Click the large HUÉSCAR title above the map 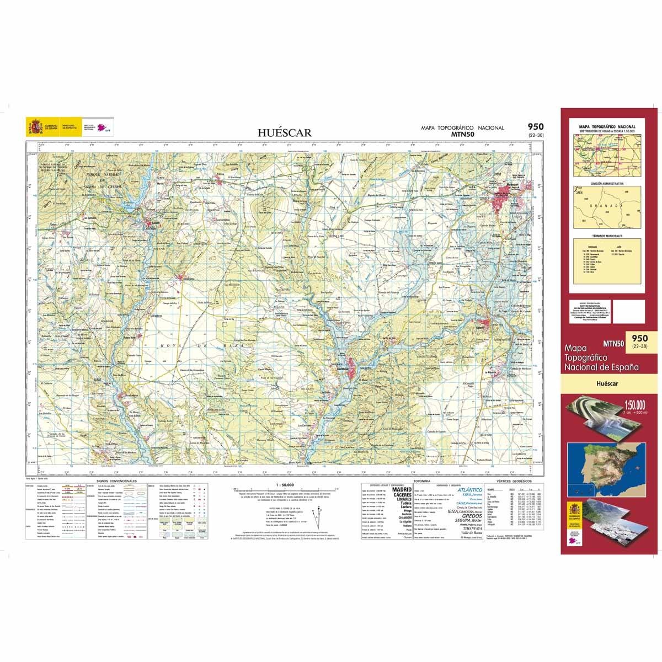point(285,132)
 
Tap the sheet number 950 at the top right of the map point(535,127)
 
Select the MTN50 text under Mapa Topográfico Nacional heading point(462,134)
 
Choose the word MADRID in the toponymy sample point(401,489)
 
